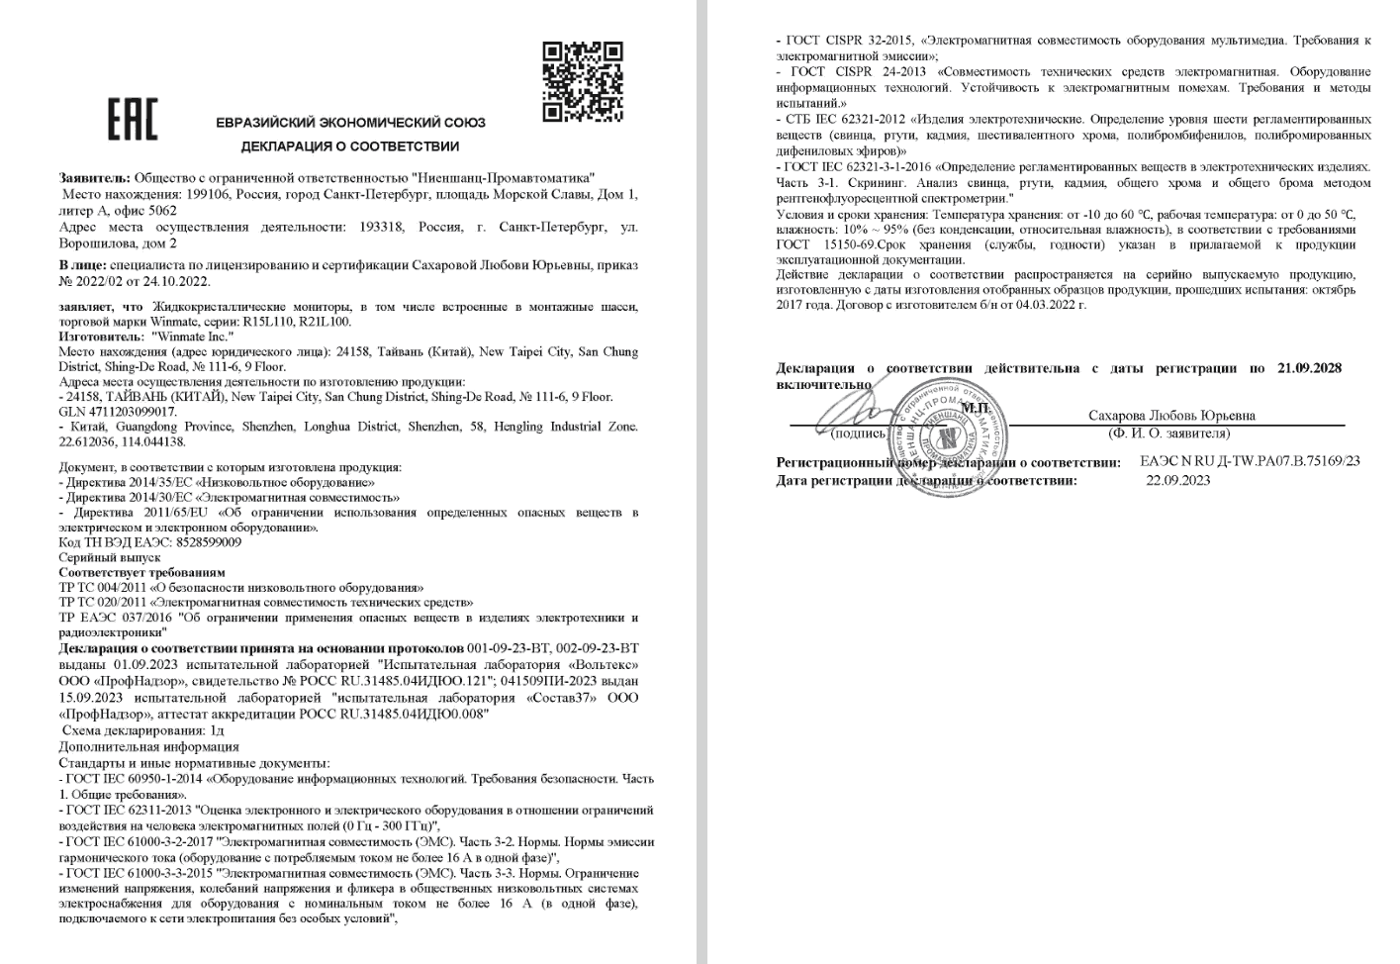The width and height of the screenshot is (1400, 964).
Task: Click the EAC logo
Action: [x=132, y=120]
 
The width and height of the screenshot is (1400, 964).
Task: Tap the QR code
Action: [x=583, y=81]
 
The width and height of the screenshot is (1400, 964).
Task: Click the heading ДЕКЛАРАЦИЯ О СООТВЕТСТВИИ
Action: [x=350, y=146]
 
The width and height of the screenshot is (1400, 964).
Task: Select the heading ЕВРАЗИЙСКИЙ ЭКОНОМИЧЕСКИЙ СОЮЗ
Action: [x=350, y=123]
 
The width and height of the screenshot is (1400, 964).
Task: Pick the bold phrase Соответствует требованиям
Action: [x=141, y=572]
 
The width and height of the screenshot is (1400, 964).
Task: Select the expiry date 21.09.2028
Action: [x=1309, y=368]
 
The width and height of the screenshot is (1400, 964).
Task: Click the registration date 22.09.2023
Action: [x=1177, y=480]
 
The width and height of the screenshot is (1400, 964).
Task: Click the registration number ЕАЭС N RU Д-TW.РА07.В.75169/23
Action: [x=1249, y=461]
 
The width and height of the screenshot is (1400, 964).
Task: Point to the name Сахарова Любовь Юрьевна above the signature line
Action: [x=1170, y=416]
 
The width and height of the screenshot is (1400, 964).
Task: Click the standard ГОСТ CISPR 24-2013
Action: [x=858, y=72]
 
